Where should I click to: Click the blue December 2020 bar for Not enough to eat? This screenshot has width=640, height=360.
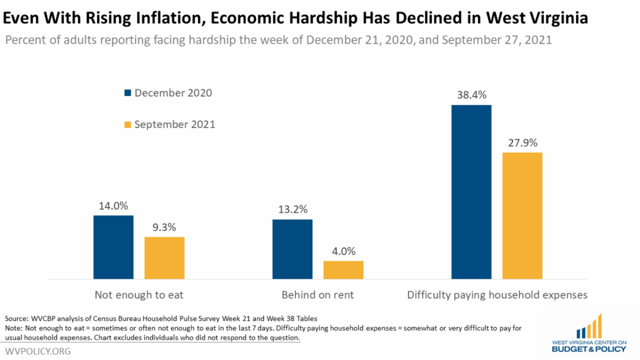(113, 247)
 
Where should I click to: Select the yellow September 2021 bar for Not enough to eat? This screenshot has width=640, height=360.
(164, 258)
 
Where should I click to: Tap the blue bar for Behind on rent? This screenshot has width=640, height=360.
(292, 249)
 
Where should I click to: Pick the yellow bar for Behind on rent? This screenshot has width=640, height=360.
(343, 270)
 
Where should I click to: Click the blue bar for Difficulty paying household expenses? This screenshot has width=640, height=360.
(471, 192)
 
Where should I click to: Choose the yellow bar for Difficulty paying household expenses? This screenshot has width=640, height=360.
(522, 215)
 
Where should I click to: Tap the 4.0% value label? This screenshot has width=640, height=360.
(343, 251)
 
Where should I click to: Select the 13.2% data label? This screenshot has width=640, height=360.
(292, 210)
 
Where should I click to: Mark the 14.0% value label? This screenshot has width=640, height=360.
(113, 206)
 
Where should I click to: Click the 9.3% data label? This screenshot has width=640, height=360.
(164, 227)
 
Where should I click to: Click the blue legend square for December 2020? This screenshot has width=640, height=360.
(127, 93)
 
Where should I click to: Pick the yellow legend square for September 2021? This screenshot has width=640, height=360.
(127, 125)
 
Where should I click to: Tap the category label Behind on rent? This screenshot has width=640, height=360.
(318, 294)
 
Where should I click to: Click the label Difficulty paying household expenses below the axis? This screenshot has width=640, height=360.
(497, 294)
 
